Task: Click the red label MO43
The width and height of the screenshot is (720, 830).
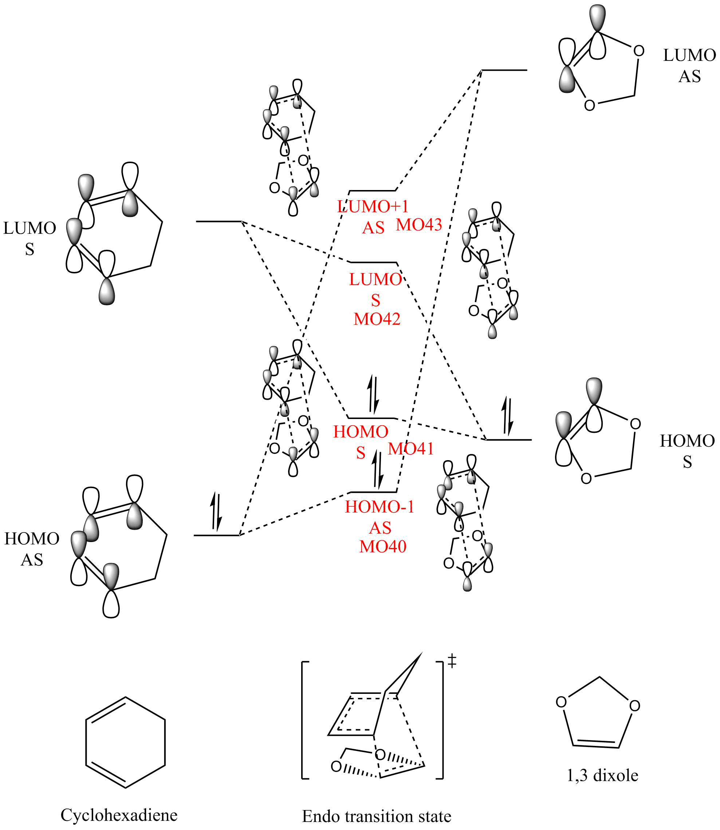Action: click(x=419, y=225)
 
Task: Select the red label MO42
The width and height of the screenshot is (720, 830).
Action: click(x=377, y=319)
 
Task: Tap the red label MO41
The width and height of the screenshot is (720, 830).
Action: click(x=411, y=448)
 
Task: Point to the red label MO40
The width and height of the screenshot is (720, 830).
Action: click(x=382, y=546)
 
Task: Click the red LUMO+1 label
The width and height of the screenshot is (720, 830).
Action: click(x=373, y=207)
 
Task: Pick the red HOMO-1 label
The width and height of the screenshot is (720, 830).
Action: click(x=379, y=507)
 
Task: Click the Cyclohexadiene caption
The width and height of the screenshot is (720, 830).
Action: click(x=119, y=815)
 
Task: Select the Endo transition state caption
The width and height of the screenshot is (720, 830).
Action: click(x=377, y=816)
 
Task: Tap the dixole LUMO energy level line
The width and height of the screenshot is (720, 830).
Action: click(x=504, y=70)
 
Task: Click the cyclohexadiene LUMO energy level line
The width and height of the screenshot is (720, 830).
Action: click(x=219, y=221)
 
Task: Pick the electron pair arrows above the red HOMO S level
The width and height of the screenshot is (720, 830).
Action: click(x=373, y=395)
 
